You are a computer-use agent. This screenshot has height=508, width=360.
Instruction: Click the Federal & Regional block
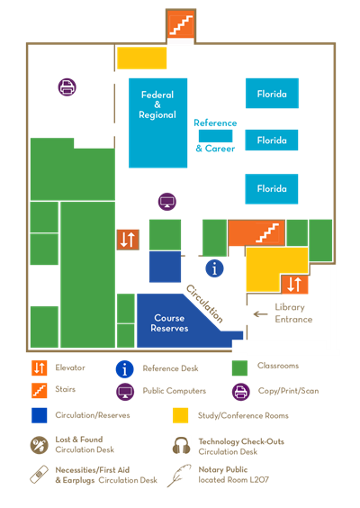[x=157, y=122]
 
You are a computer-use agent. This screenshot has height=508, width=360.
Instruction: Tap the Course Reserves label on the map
[x=170, y=322]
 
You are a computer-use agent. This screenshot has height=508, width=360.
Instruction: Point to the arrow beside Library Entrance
[x=261, y=313]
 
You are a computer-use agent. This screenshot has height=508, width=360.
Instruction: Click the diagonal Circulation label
[x=204, y=303]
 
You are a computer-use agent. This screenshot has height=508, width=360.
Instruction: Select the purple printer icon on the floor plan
[x=67, y=87]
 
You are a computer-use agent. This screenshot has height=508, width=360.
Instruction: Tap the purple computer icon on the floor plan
[x=166, y=201]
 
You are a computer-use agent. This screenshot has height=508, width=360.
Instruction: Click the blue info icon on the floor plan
[x=214, y=268]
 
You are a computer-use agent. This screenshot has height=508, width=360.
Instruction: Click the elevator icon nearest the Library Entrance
[x=294, y=285]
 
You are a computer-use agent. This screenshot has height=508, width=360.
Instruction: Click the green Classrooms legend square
[x=240, y=367]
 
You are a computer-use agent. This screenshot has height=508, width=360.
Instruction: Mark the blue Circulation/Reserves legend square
[x=40, y=415]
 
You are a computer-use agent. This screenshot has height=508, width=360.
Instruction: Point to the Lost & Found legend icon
[x=40, y=445]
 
